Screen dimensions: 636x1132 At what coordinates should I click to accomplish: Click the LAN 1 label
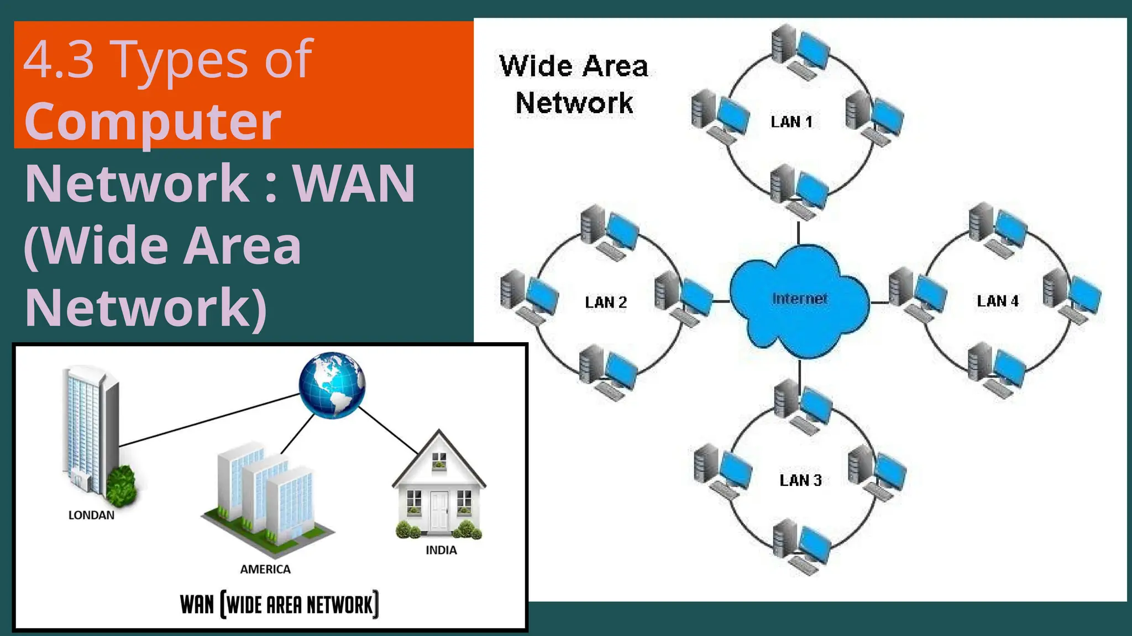pos(791,122)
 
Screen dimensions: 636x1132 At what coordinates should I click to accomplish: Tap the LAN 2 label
pos(606,303)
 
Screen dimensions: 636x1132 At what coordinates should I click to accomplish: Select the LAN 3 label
pos(800,480)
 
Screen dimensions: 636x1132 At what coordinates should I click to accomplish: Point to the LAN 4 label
pos(998,301)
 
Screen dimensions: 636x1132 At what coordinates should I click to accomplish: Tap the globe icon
pos(332,385)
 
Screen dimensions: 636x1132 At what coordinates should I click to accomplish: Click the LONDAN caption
pos(91,515)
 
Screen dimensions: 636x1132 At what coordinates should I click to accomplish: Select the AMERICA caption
pos(265,569)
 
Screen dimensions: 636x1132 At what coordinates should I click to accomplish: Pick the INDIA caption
pos(441,550)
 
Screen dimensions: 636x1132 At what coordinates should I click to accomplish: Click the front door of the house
pos(439,510)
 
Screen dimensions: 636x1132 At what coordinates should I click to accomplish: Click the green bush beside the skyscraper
pos(122,486)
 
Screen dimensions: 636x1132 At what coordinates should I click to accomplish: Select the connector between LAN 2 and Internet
pos(721,301)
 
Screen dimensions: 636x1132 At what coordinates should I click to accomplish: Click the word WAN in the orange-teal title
pos(354,184)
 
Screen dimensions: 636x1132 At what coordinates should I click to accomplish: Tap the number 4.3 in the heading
pos(59,60)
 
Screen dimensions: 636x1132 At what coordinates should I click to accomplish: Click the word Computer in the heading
pos(153,121)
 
